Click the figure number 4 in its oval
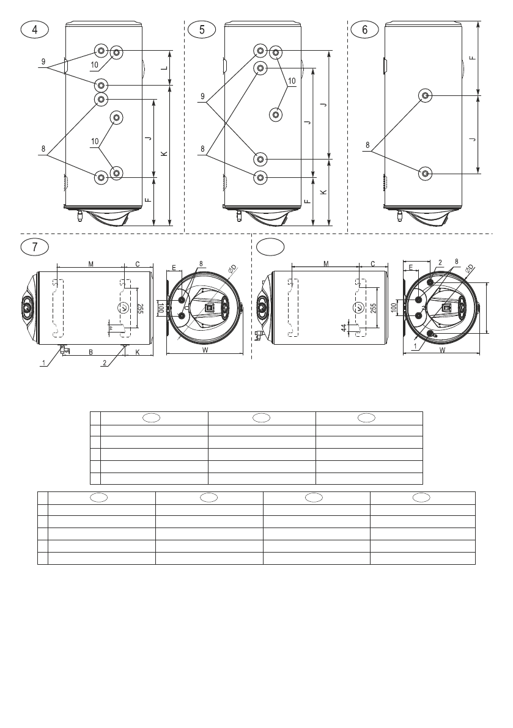pos(35,29)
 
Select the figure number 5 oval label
pos(202,29)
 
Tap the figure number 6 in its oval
pos(364,29)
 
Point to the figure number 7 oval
pos(35,246)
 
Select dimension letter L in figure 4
pos(163,68)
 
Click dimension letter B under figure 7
pos(91,353)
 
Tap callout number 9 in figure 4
pos(43,61)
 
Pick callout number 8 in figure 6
pos(367,145)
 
